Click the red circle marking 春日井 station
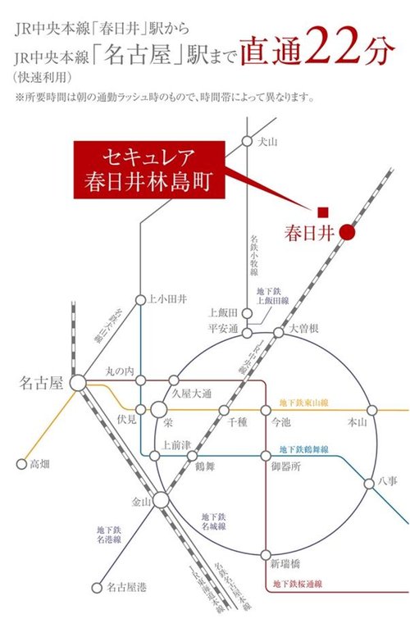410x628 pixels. point(348,232)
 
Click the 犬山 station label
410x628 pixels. point(268,142)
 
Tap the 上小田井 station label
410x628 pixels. point(167,300)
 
